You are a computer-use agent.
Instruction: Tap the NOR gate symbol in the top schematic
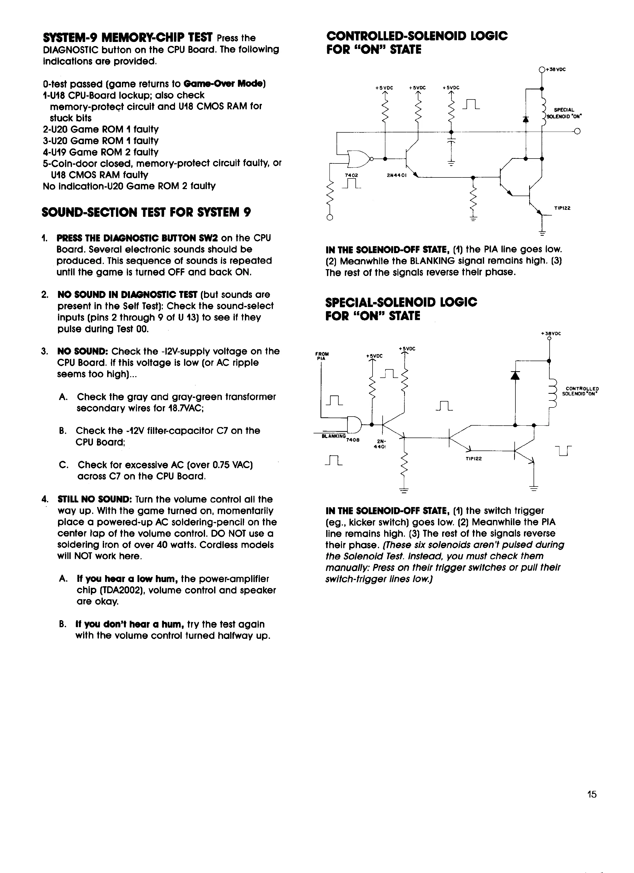[x=358, y=158]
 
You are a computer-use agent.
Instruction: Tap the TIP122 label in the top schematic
[x=562, y=208]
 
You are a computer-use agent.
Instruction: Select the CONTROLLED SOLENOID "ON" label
[x=580, y=391]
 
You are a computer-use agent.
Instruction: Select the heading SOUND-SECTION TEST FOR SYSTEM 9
[x=146, y=212]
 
